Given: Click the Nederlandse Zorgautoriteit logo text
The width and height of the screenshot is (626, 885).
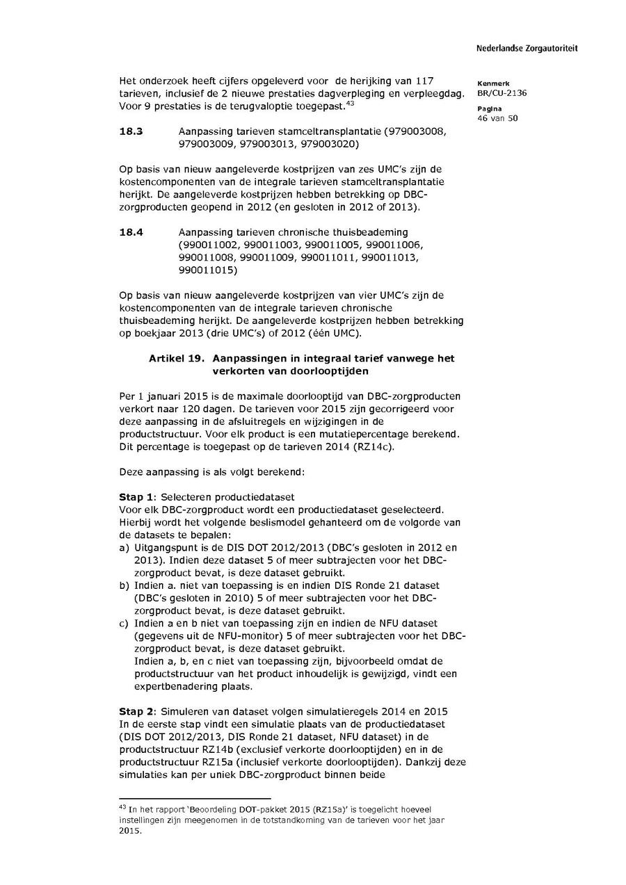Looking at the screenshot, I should (527, 49).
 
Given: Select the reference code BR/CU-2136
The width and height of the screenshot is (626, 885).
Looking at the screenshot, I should (501, 93).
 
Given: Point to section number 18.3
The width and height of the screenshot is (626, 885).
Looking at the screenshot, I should (131, 131).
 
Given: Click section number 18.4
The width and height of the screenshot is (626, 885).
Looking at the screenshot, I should (131, 232).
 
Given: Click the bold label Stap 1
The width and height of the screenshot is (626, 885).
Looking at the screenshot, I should (137, 497).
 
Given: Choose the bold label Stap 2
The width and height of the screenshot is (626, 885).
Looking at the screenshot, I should (137, 711).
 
